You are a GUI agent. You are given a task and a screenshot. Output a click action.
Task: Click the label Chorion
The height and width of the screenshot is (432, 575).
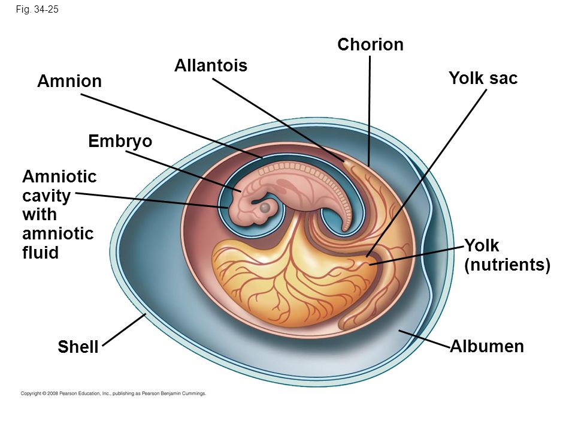tap(370, 44)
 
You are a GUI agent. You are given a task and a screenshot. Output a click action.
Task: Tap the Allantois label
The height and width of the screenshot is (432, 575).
tap(211, 65)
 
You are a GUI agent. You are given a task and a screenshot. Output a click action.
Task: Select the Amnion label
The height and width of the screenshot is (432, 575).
tap(69, 81)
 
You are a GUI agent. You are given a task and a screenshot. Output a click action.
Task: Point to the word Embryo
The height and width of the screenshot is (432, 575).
tap(120, 142)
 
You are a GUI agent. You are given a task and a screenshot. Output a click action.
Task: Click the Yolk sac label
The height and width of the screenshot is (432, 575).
tap(483, 78)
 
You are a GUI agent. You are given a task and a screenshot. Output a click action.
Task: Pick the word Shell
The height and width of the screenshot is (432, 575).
tap(78, 346)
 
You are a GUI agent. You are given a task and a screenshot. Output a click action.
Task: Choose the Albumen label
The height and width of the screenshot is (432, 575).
tap(487, 346)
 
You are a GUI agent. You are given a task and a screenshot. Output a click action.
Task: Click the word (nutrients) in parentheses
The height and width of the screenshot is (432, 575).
tap(507, 265)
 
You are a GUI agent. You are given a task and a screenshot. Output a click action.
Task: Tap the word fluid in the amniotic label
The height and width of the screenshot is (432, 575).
tap(40, 253)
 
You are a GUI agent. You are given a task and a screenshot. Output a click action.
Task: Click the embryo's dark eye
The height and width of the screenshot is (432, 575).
tap(265, 208)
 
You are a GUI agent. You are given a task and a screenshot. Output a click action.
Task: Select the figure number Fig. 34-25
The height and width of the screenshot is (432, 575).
tap(37, 10)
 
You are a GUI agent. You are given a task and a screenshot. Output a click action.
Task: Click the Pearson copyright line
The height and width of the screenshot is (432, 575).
tap(113, 394)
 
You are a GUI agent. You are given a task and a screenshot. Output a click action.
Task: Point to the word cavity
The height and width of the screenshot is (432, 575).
tap(46, 196)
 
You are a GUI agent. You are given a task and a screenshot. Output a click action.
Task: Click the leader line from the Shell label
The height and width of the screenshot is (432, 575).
tap(125, 329)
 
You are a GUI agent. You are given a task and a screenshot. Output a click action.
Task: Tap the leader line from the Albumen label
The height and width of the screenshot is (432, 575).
tap(424, 338)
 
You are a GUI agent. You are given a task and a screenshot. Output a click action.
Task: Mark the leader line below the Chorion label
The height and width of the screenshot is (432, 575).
tap(370, 111)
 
